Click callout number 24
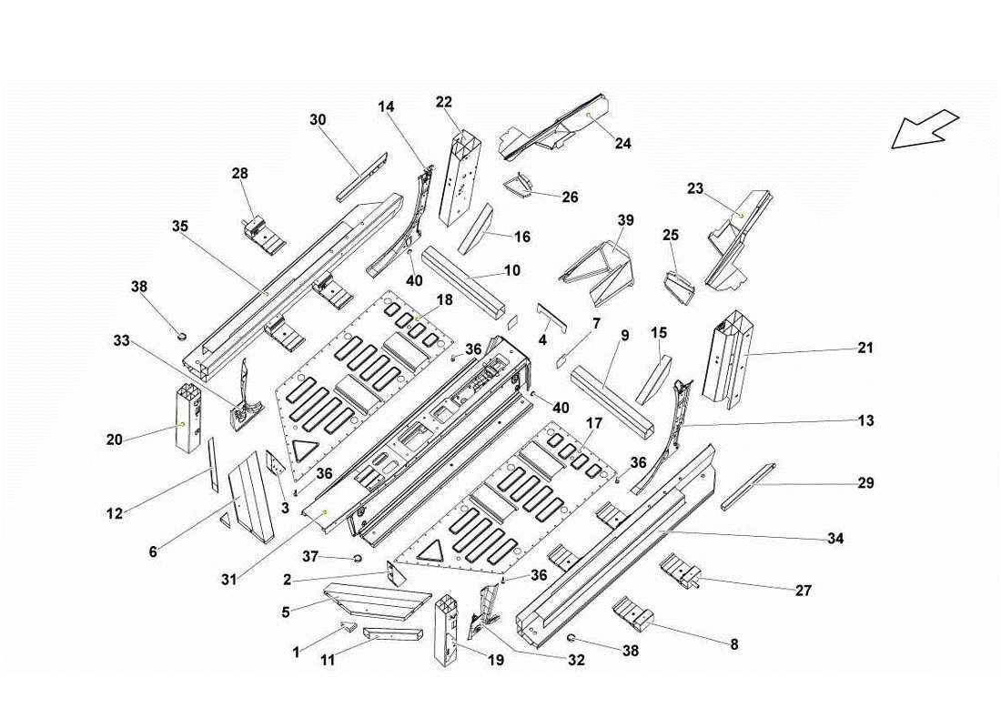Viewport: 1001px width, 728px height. click(x=622, y=143)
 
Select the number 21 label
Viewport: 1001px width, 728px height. click(x=865, y=348)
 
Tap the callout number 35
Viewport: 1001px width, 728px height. click(x=179, y=226)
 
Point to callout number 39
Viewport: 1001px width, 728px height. click(x=625, y=220)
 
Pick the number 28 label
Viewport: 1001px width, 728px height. click(x=239, y=173)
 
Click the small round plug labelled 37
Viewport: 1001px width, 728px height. click(x=357, y=558)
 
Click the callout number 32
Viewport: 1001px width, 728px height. click(x=575, y=662)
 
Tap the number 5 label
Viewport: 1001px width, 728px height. click(x=286, y=612)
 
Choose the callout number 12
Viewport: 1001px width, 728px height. click(x=114, y=514)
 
